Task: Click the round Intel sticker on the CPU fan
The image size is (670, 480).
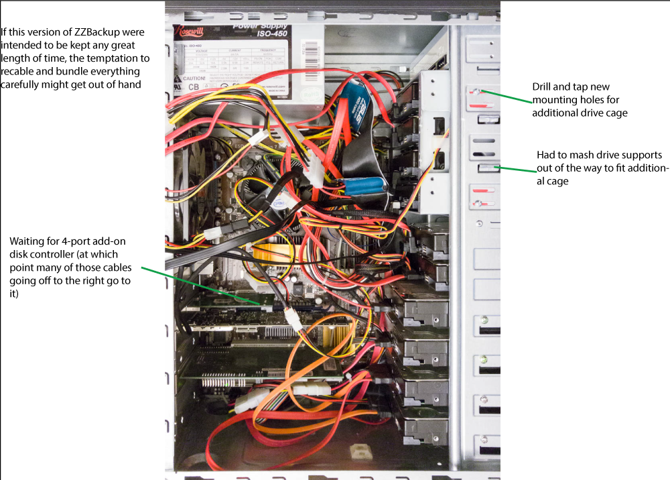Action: [279, 202]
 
